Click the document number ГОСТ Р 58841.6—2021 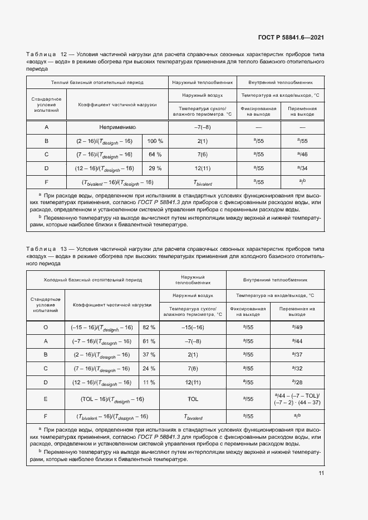(x=291, y=37)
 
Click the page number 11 (x=321, y=473)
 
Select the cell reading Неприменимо (x=116, y=127)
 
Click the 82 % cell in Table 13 (x=149, y=328)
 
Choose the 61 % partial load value (x=149, y=341)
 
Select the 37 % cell (x=149, y=354)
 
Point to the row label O (x=46, y=328)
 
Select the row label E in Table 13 (x=46, y=399)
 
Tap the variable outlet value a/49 (x=297, y=328)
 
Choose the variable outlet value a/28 (x=297, y=382)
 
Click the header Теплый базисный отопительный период (x=97, y=82)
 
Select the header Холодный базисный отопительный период (x=93, y=280)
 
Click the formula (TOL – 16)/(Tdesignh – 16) (x=104, y=399)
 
